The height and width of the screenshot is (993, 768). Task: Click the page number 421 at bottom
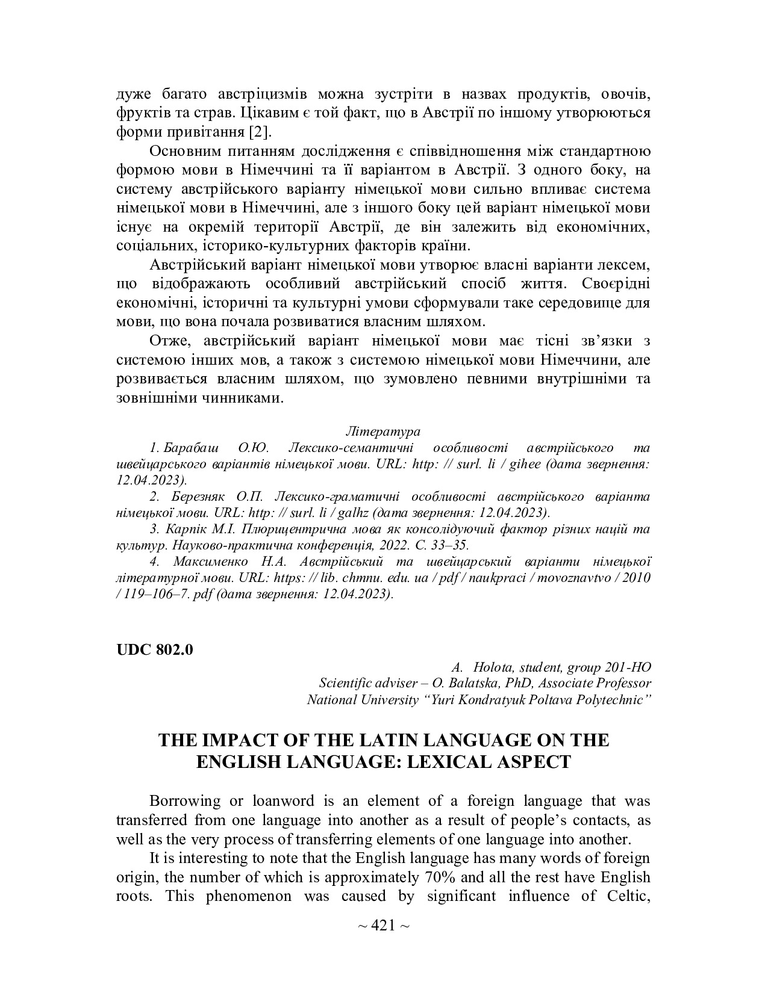click(383, 925)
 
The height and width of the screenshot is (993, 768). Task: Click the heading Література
click(383, 432)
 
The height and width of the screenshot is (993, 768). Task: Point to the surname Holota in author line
click(494, 667)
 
